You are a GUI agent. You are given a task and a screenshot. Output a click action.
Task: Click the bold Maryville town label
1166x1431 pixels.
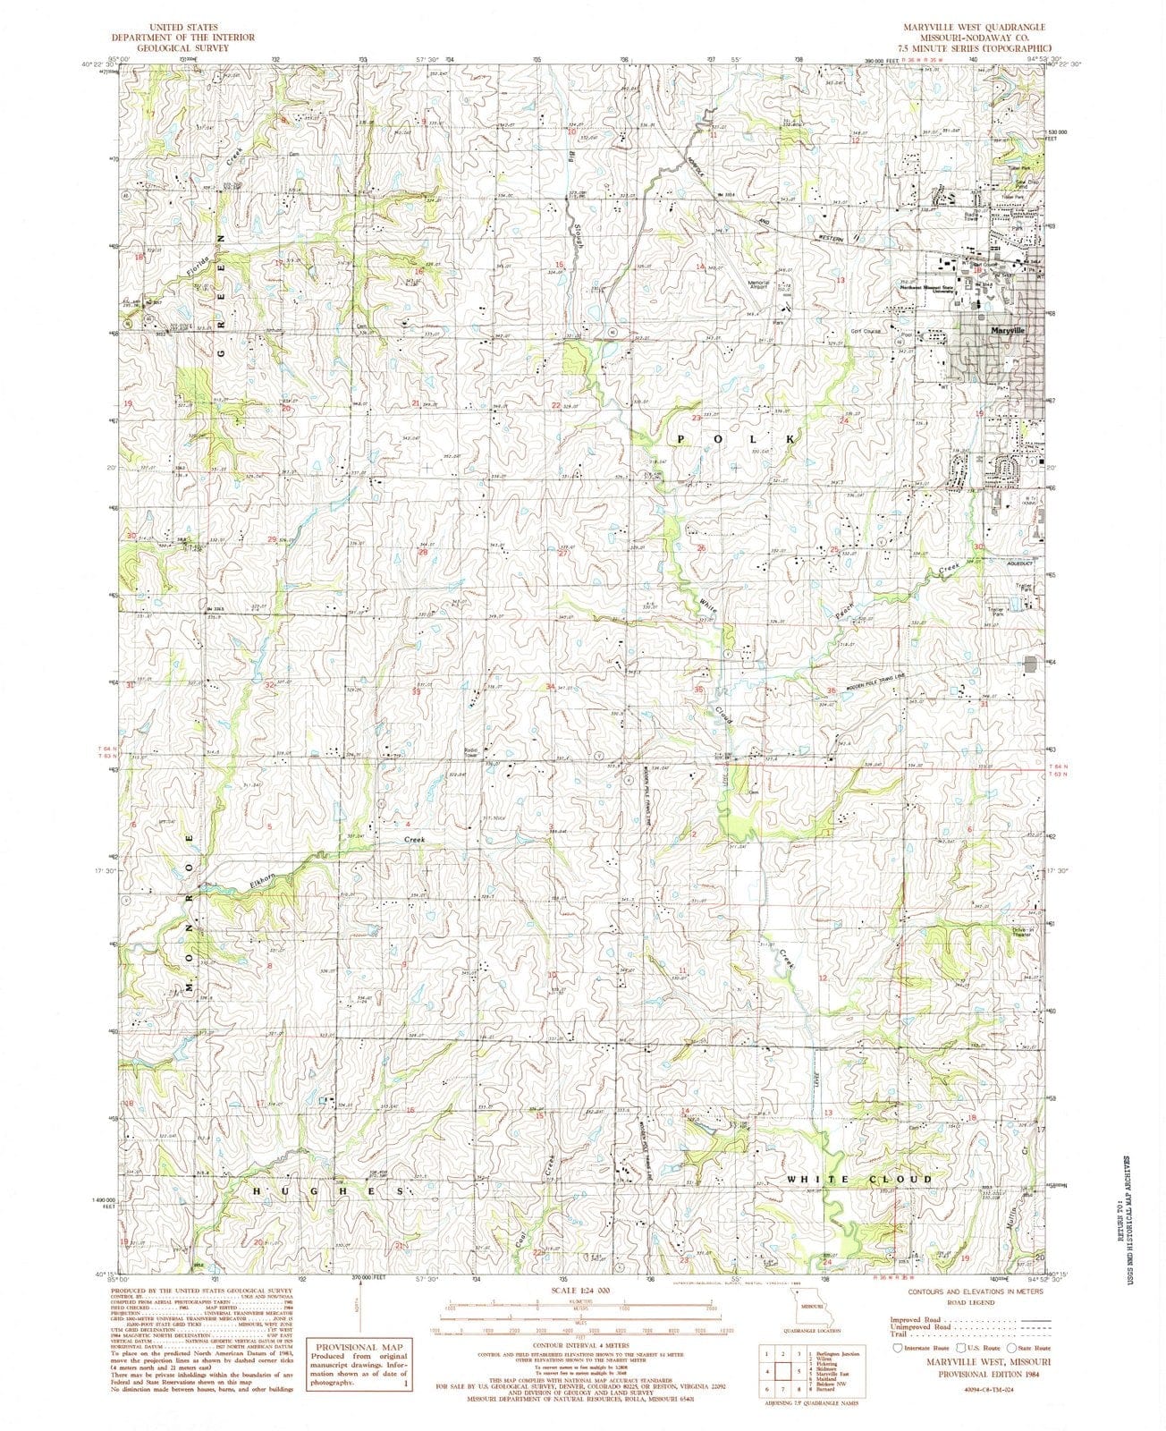click(1009, 330)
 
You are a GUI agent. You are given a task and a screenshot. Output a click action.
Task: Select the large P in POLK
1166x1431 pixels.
click(682, 439)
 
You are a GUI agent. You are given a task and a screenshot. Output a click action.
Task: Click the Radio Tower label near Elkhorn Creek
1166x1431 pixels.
click(476, 753)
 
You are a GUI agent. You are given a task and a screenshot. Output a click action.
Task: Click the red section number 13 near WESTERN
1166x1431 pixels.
click(840, 281)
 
